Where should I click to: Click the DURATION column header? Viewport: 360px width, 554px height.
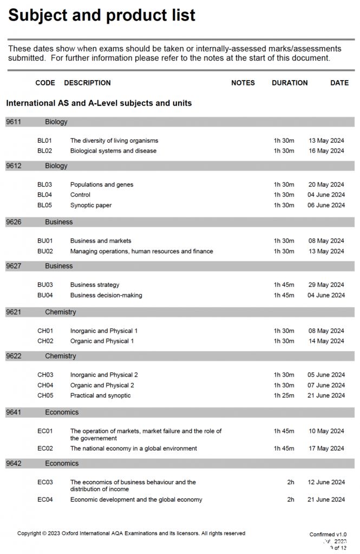[x=290, y=83]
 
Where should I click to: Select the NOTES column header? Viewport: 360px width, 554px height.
[x=243, y=83]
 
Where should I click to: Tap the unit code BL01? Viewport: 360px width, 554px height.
[x=44, y=141]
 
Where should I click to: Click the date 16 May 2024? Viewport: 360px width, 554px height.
[x=326, y=151]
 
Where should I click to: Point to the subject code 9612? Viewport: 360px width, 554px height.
[x=14, y=166]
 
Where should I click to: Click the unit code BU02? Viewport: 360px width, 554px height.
[x=45, y=251]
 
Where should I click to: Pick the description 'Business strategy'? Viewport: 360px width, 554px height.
[x=95, y=285]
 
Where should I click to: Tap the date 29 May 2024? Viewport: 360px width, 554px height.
[x=326, y=285]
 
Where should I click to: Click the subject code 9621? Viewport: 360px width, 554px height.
[x=14, y=312]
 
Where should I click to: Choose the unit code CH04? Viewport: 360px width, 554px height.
[x=45, y=385]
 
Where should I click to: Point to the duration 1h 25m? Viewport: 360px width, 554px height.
[x=284, y=395]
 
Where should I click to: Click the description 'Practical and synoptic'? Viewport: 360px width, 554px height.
[x=100, y=395]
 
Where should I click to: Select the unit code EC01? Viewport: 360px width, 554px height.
[x=45, y=431]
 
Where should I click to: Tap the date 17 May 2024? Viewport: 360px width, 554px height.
[x=326, y=449]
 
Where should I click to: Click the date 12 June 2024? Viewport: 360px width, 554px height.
[x=326, y=482]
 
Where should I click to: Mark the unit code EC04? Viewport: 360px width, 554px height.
[x=45, y=499]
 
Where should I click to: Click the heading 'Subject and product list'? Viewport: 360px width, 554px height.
[x=102, y=15]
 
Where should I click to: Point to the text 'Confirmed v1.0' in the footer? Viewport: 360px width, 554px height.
[x=328, y=535]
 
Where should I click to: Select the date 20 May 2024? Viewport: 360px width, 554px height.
[x=326, y=184]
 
